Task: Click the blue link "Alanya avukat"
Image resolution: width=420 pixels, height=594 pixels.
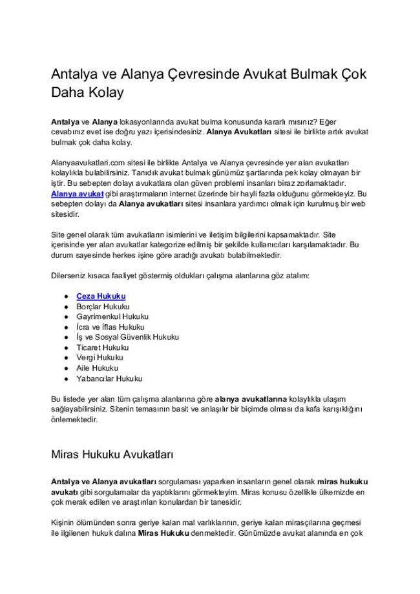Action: point(77,193)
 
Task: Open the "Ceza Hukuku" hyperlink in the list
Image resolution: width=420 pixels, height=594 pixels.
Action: point(101,296)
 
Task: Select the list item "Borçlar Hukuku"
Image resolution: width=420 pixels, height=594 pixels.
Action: point(103,306)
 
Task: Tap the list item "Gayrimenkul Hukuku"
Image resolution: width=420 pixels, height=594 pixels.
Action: point(112,316)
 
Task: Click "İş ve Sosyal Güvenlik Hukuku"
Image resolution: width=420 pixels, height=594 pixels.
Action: point(127,337)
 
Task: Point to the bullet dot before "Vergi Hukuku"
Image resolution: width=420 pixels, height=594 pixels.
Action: point(66,358)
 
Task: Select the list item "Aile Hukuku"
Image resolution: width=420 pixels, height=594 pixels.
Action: point(97,368)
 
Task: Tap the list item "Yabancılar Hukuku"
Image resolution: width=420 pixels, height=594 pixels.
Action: point(109,378)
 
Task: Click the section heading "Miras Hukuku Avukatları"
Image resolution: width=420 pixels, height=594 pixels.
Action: point(112,454)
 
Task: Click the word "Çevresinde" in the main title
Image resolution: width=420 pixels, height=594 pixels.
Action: point(193,74)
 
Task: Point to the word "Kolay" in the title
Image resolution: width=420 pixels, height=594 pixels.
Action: point(104,93)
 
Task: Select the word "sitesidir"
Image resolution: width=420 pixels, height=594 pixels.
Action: point(66,214)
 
